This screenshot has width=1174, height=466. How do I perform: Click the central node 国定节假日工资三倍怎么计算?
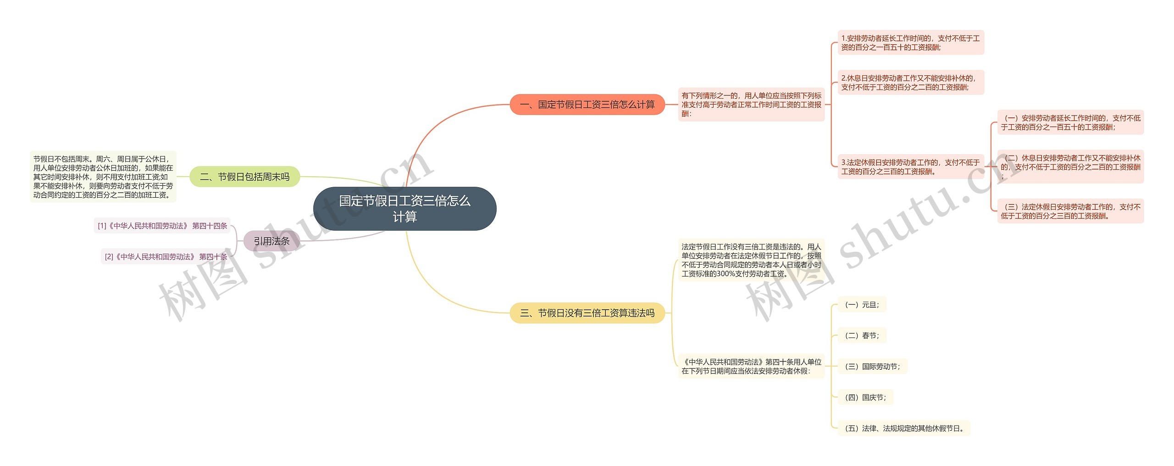[404, 209]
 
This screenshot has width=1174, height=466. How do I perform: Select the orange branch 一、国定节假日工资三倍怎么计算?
[587, 105]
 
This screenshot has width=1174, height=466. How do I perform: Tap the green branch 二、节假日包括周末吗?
[244, 177]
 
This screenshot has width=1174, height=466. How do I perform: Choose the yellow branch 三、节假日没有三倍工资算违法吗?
[587, 313]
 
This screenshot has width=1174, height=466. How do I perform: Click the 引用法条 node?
[271, 241]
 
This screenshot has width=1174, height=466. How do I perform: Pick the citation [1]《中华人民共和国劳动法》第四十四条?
[162, 226]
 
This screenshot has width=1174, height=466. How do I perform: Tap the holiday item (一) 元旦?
[862, 305]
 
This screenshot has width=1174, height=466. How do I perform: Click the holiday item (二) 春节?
[862, 336]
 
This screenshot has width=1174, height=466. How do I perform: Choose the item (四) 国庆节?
[865, 397]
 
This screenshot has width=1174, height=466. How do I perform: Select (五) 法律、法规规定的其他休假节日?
[904, 428]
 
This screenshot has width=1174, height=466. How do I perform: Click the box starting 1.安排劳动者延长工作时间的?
[911, 43]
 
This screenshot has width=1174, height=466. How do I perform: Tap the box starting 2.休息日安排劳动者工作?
[911, 83]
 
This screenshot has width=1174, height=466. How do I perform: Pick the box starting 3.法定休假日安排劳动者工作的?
[911, 167]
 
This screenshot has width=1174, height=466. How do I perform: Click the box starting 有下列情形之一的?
[751, 105]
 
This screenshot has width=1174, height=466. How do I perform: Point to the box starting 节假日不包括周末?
[103, 177]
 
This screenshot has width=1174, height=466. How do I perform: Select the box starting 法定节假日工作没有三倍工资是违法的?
[751, 260]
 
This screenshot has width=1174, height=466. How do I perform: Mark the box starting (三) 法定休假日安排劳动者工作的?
[1070, 211]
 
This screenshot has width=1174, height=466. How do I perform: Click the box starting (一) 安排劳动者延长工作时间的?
[1070, 122]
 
